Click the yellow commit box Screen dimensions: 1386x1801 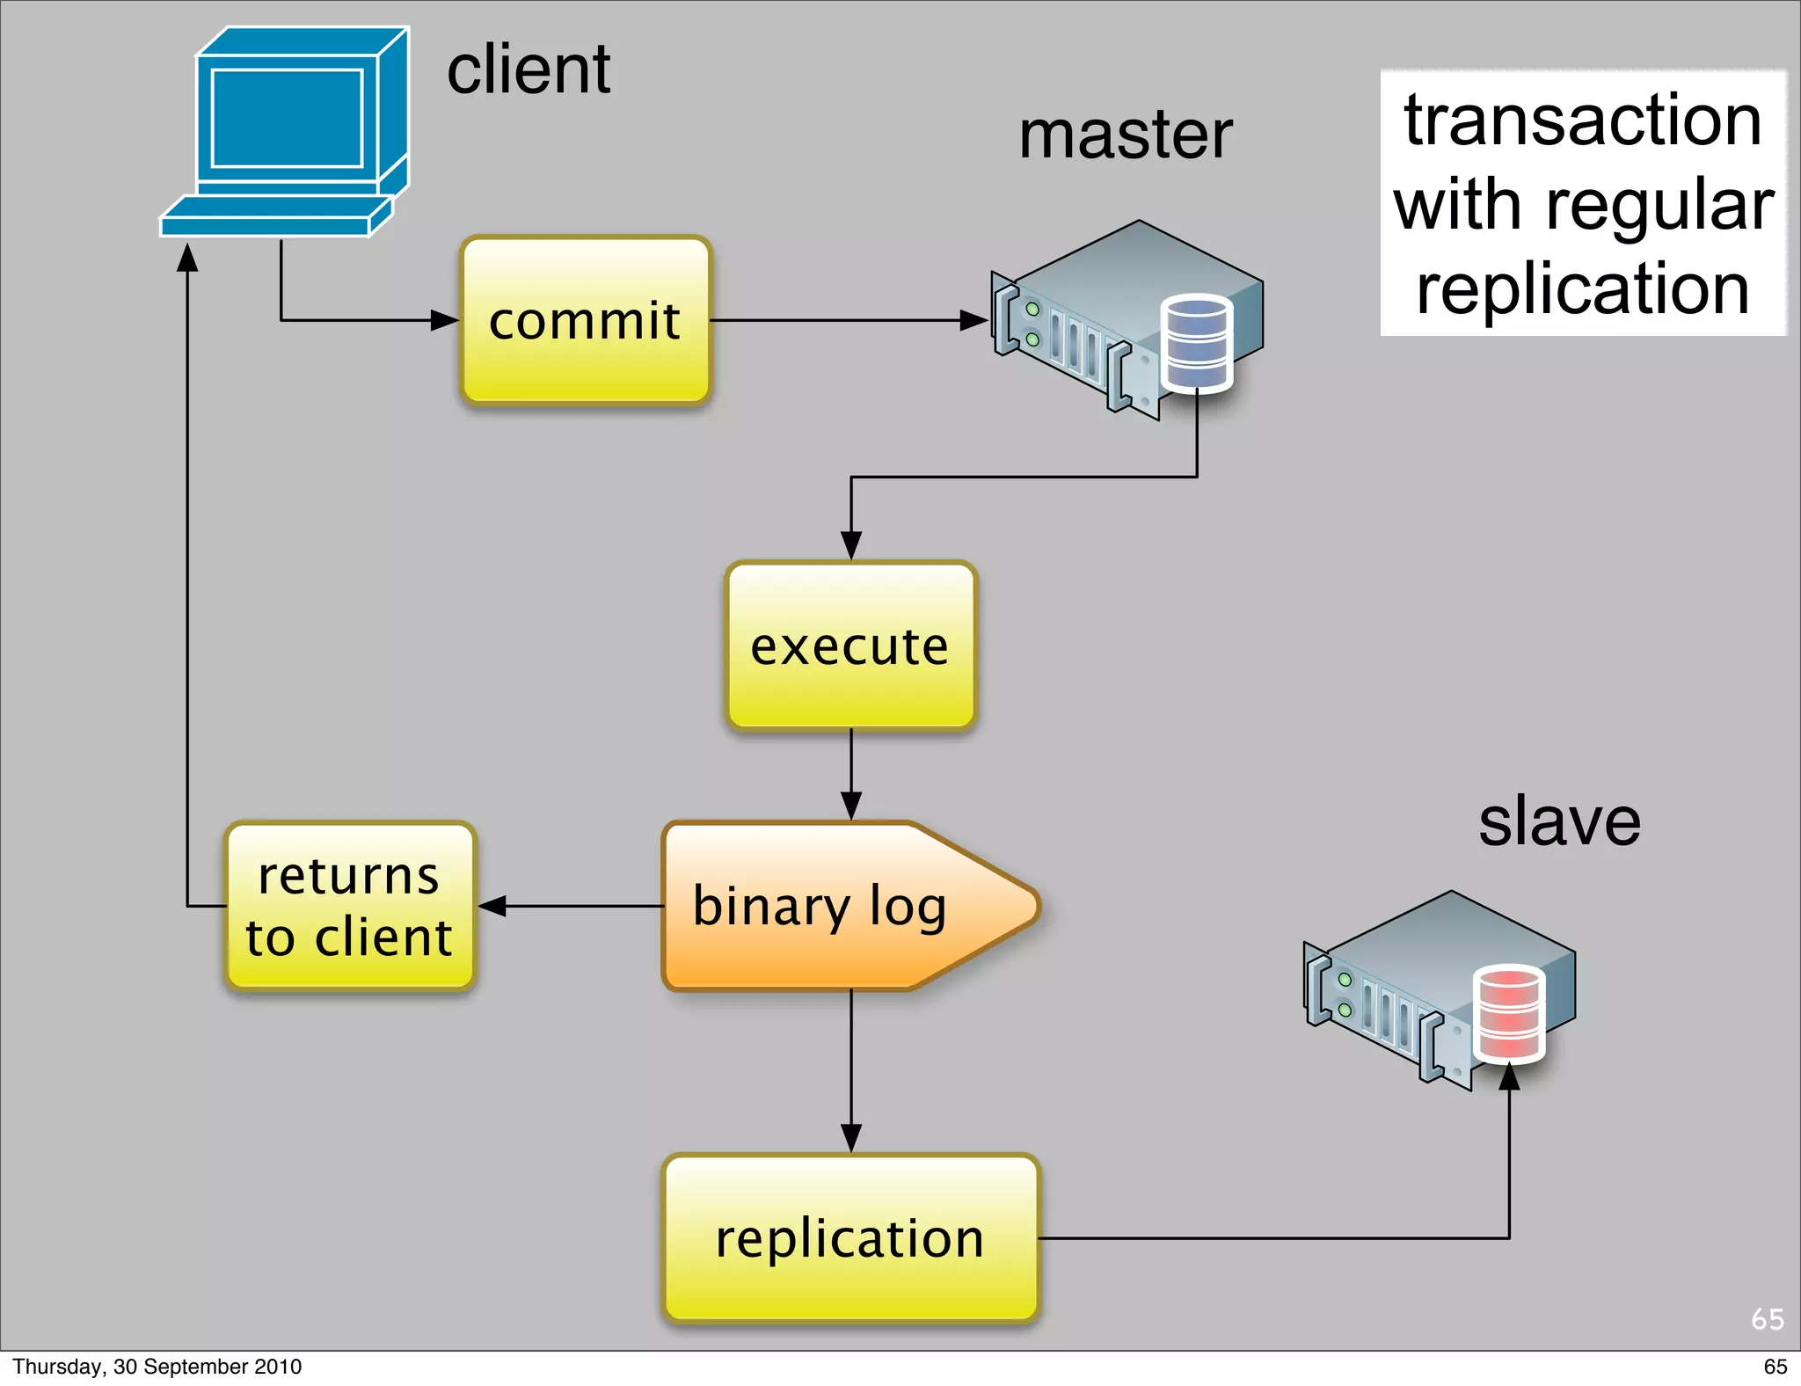[x=586, y=320]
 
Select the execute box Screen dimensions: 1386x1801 [x=850, y=646]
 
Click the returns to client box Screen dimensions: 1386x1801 [x=350, y=906]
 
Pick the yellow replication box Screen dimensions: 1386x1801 [x=850, y=1238]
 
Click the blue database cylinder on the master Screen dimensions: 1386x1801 [x=1197, y=344]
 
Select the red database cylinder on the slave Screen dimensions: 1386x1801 [x=1509, y=1014]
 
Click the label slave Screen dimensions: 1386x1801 [x=1559, y=822]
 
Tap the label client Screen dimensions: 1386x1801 [x=529, y=69]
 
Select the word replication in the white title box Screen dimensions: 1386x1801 [x=1583, y=290]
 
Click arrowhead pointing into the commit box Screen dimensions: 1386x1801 [x=445, y=320]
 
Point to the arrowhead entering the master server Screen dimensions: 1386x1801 [x=973, y=320]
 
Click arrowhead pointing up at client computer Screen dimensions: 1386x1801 [x=187, y=257]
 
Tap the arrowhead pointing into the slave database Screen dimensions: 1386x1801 [x=1509, y=1076]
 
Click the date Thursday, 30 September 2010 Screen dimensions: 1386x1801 [x=157, y=1367]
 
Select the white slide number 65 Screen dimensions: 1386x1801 [x=1767, y=1319]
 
